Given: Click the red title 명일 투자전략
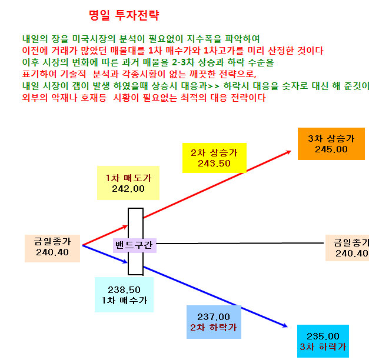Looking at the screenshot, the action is [124, 15].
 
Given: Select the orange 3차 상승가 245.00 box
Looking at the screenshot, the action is [331, 144].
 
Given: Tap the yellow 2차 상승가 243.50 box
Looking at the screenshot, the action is [214, 158].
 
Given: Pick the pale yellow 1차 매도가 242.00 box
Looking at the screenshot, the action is [128, 183].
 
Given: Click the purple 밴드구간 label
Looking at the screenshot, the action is [135, 245].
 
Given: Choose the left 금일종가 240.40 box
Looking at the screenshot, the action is [52, 248].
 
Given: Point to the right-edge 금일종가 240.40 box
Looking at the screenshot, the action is [347, 248].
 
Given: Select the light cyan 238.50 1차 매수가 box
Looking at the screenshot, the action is [124, 295].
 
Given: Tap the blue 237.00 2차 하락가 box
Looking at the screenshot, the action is [214, 322].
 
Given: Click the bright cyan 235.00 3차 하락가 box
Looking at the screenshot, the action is [323, 341].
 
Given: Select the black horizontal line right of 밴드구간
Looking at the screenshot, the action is [240, 243].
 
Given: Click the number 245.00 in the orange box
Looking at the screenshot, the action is [331, 149].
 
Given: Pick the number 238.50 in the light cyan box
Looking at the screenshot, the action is [124, 289].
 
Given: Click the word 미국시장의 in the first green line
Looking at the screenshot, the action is [94, 39].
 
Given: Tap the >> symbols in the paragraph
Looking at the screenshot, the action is [214, 86].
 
